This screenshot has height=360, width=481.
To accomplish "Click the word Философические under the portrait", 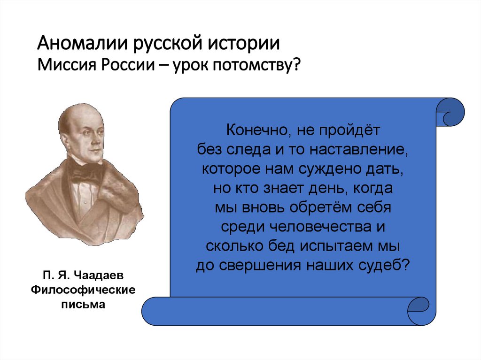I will click(83, 290).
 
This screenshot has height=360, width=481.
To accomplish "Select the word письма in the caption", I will click(83, 305).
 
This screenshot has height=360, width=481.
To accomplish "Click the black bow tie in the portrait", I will click(87, 174).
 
